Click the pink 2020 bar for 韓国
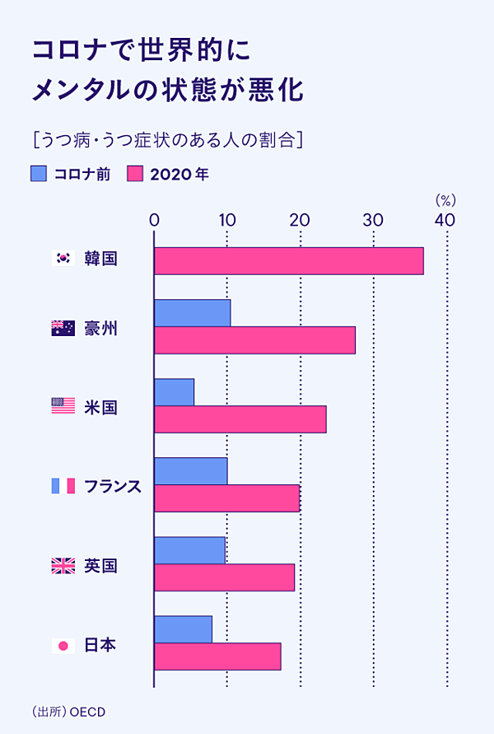pyautogui.click(x=288, y=260)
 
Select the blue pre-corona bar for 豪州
pyautogui.click(x=192, y=313)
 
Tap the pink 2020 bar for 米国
pyautogui.click(x=240, y=419)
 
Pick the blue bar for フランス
pyautogui.click(x=190, y=471)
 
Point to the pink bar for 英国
pyautogui.click(x=224, y=577)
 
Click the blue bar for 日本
pyautogui.click(x=183, y=629)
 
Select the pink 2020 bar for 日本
pyautogui.click(x=217, y=657)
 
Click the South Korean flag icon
pyautogui.click(x=63, y=258)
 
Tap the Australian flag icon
pyautogui.click(x=63, y=329)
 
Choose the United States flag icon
pyautogui.click(x=63, y=405)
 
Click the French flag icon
pyautogui.click(x=63, y=485)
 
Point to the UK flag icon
pyautogui.click(x=63, y=565)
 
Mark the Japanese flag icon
pyautogui.click(x=63, y=645)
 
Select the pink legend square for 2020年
pyautogui.click(x=136, y=174)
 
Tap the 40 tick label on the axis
pyautogui.click(x=445, y=220)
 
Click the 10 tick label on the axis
pyautogui.click(x=227, y=220)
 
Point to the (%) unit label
pyautogui.click(x=445, y=200)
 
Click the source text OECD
pyautogui.click(x=88, y=711)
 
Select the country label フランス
pyautogui.click(x=113, y=486)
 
